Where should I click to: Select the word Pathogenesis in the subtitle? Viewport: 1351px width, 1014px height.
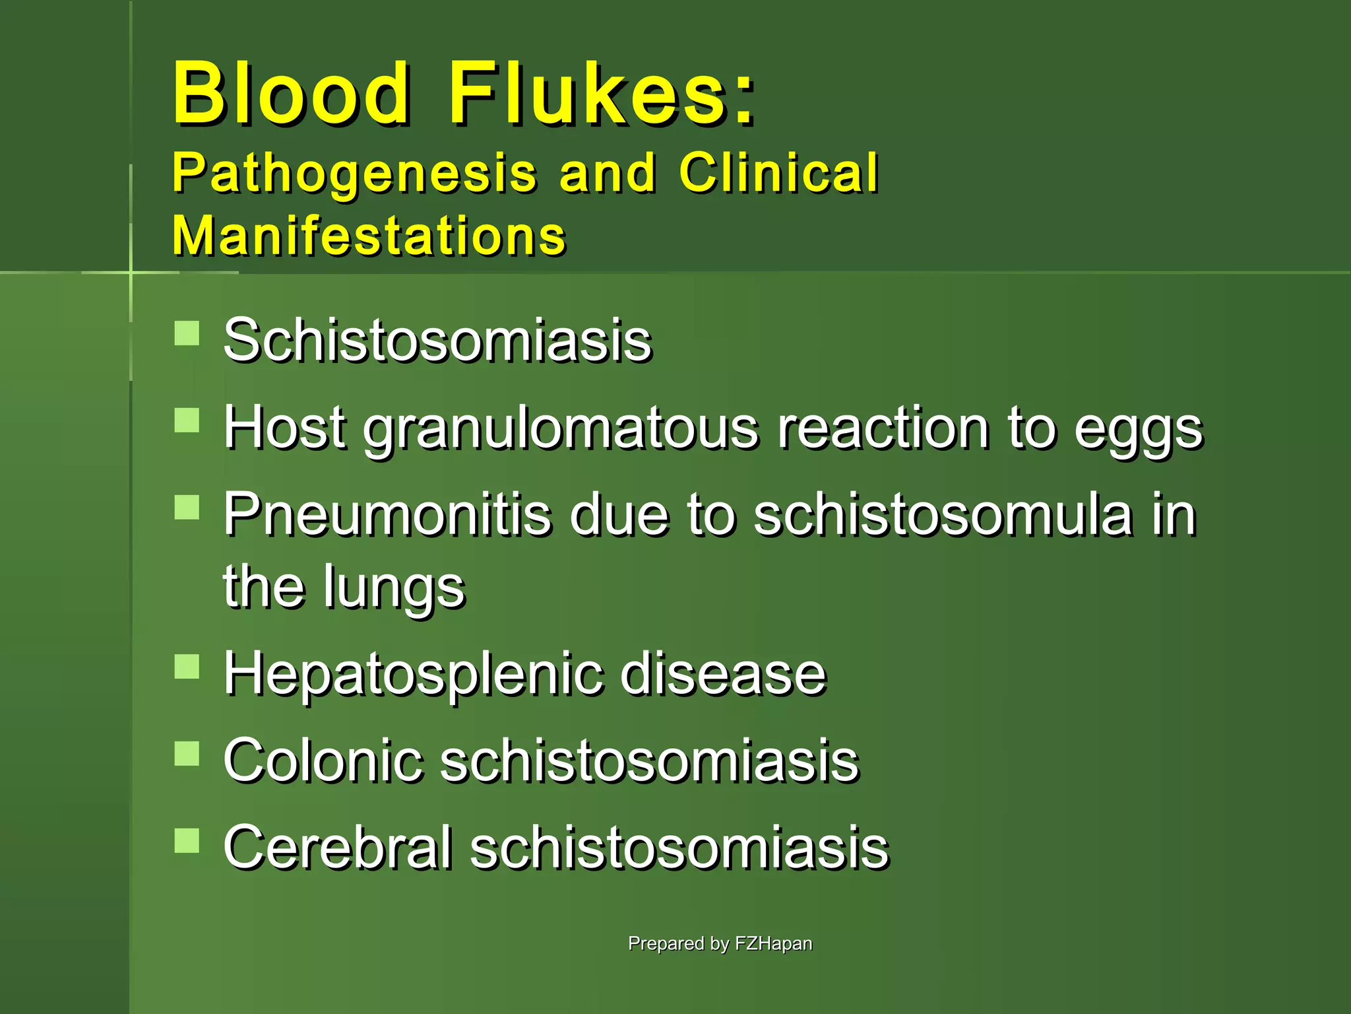tap(354, 174)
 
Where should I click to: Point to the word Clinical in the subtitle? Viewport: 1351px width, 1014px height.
tap(778, 172)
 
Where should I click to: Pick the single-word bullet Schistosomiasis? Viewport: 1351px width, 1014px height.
tap(437, 341)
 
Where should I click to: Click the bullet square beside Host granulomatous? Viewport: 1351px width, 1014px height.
tap(187, 420)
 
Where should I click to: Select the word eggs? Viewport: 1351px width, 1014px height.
tap(1139, 429)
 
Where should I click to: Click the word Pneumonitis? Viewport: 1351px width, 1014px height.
tap(387, 515)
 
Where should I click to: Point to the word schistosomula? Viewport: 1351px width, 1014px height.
tap(943, 515)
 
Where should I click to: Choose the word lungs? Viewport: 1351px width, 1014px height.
tap(394, 588)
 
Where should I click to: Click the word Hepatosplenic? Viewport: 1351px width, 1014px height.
tap(412, 675)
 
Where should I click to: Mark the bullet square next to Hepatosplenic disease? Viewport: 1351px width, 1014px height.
tap(187, 667)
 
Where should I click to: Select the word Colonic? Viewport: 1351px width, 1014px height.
tap(323, 760)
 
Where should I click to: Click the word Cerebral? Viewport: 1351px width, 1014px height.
tap(337, 848)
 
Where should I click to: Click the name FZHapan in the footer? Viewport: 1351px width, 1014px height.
tap(773, 943)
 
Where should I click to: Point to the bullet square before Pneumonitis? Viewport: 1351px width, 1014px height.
tap(187, 507)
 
